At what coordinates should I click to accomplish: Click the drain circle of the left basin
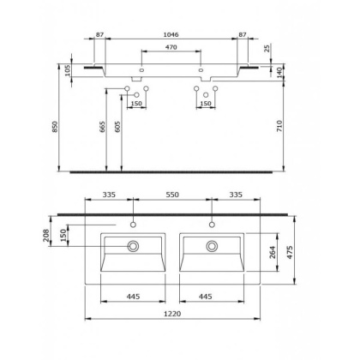[x=134, y=246]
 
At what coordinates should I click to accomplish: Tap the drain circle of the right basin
[x=210, y=246]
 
